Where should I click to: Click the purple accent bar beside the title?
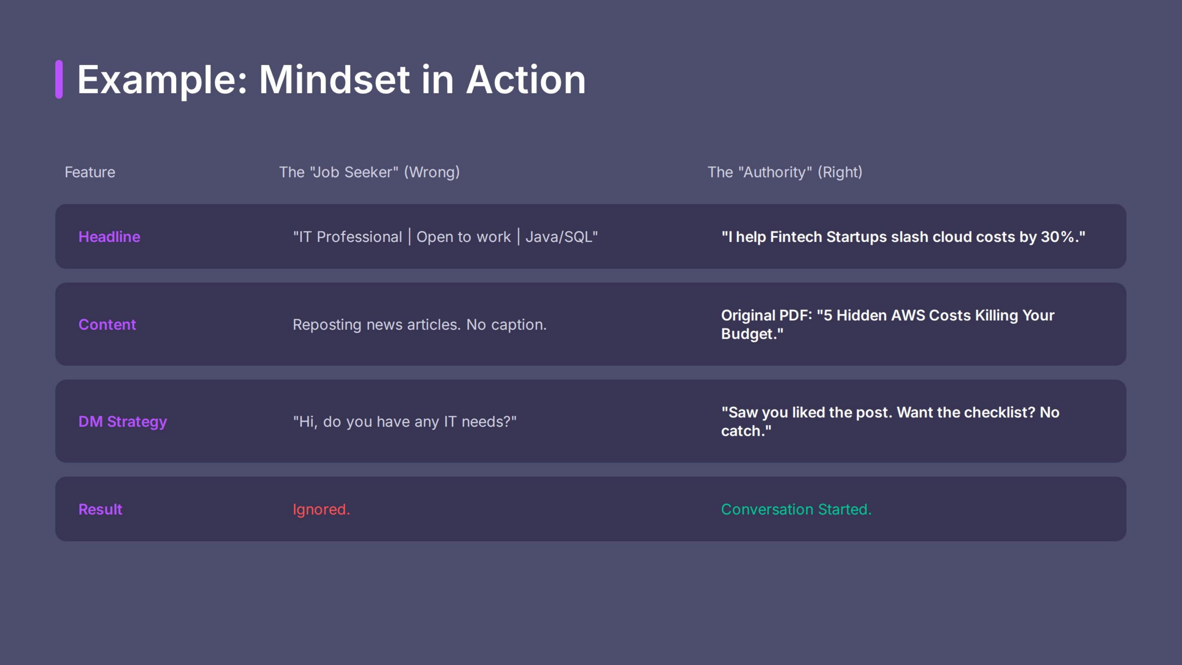[59, 79]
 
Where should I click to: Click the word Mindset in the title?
[334, 80]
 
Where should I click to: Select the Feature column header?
[90, 172]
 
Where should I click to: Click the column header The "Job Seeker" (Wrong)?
[369, 172]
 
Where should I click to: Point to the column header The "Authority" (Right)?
[785, 172]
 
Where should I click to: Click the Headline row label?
[109, 237]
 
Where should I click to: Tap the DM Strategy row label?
[123, 421]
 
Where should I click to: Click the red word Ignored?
[321, 509]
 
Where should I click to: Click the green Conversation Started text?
[796, 509]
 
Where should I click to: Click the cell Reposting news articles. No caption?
[419, 325]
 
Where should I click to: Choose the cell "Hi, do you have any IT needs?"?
[405, 421]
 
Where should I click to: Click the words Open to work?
[463, 237]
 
